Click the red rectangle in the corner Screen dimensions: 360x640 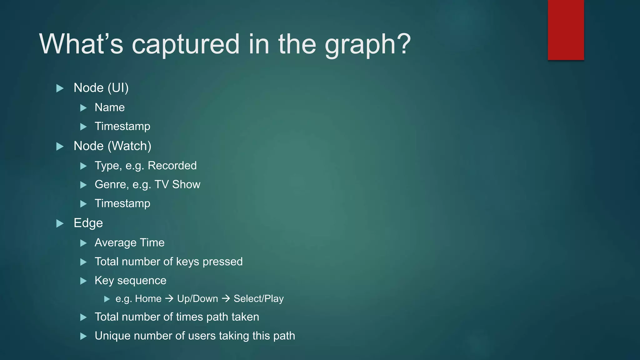click(x=566, y=30)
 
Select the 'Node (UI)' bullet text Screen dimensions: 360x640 click(x=101, y=88)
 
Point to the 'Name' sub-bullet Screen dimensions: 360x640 click(x=110, y=107)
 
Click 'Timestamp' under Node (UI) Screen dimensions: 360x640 click(x=122, y=126)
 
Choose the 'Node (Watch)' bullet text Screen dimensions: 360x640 click(x=112, y=146)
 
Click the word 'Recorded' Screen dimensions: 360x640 click(x=172, y=166)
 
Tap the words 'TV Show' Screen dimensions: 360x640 click(x=177, y=184)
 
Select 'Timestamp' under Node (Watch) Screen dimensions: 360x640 click(x=122, y=203)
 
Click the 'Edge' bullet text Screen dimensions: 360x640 click(x=88, y=223)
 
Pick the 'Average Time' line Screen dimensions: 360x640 click(x=129, y=243)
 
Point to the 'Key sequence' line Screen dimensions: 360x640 click(x=130, y=281)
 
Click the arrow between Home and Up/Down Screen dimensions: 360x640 click(x=169, y=299)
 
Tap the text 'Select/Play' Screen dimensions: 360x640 click(x=259, y=299)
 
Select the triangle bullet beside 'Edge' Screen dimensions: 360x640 click(x=60, y=223)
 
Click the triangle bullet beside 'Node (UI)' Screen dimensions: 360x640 click(x=60, y=88)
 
